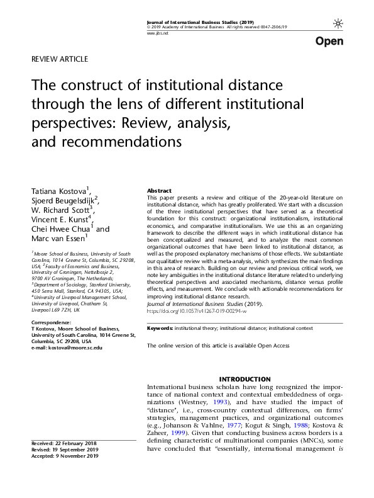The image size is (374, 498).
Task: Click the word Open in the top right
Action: pyautogui.click(x=329, y=42)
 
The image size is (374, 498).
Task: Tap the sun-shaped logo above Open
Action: pyautogui.click(x=338, y=23)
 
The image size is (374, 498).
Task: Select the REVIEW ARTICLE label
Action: pyautogui.click(x=59, y=59)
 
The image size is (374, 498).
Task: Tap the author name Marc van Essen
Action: pyautogui.click(x=58, y=239)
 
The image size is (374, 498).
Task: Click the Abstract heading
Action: pyautogui.click(x=159, y=190)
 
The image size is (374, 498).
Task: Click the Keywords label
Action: pyautogui.click(x=160, y=329)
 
